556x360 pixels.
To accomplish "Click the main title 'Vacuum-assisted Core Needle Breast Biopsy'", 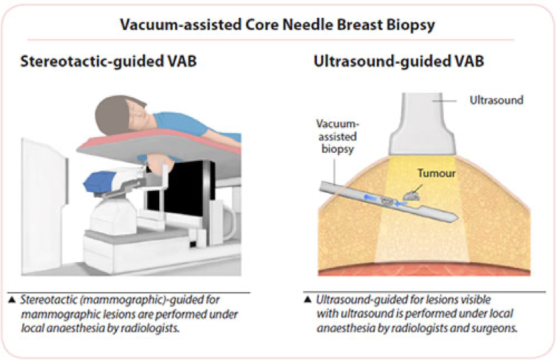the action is pos(278,25).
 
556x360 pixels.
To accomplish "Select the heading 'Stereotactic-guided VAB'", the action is pos(108,61).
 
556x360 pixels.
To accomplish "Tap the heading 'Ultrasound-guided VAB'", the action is pos(399,61).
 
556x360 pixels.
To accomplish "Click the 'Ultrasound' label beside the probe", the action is pos(496,100).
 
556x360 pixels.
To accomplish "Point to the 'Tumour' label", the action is pos(437,174).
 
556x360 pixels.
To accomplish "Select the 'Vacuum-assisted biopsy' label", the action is pos(337,136).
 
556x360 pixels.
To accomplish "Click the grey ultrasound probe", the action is pos(422,124).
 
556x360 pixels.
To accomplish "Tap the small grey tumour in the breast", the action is pos(411,195).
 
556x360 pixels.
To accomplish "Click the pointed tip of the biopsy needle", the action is pos(458,217).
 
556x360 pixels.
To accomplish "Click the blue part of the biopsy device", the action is pos(98,181).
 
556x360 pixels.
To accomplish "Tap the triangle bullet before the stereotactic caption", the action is pos(12,300).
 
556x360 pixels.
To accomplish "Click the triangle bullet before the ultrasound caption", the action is pos(308,300).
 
